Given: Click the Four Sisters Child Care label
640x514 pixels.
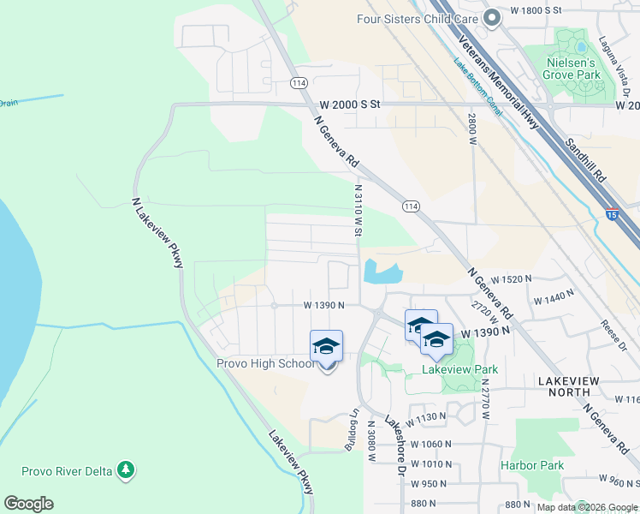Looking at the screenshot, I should coord(417,18).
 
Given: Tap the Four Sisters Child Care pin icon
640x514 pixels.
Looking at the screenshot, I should coord(491,18).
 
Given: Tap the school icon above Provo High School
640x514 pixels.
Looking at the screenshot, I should coord(326,346).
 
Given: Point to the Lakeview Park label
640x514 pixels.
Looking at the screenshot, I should coord(460,369).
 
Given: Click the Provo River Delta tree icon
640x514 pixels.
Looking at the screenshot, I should coord(126,469).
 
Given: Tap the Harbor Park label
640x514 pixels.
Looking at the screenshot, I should coord(532,465).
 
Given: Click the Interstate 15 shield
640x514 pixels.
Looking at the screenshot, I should coord(613,217).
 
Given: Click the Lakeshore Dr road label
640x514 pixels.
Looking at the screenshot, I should coord(394,446).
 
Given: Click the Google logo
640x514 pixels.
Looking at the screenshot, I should coord(28,504).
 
